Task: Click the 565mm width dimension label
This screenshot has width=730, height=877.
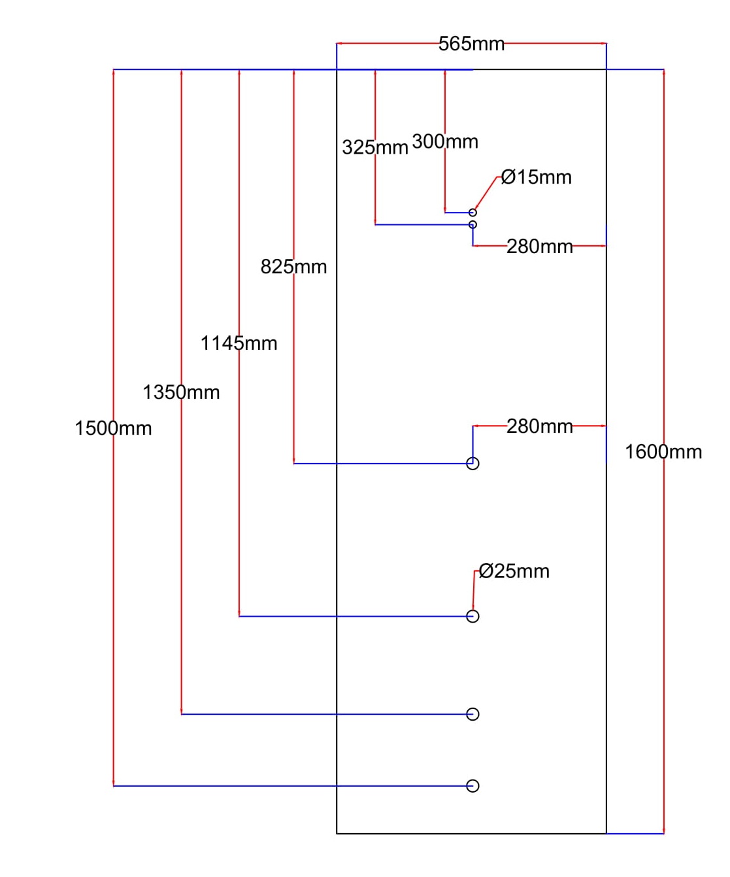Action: click(x=471, y=44)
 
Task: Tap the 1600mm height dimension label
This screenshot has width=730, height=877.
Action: click(x=663, y=452)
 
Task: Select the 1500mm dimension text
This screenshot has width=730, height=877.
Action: click(x=113, y=428)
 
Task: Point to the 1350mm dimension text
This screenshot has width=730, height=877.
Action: click(x=181, y=392)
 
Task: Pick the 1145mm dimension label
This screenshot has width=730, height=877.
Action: click(x=239, y=343)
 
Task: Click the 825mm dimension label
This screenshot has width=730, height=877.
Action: click(x=293, y=267)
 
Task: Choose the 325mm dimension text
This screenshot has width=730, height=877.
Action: click(x=374, y=147)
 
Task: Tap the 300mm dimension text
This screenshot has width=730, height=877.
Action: click(x=445, y=142)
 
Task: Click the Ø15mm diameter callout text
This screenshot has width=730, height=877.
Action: click(x=536, y=177)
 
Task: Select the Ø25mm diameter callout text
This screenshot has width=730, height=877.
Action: click(x=514, y=572)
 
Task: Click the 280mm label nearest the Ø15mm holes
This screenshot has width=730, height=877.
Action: click(x=539, y=247)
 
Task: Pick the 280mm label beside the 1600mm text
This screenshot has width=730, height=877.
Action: click(x=539, y=426)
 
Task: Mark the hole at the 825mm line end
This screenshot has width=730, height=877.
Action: click(x=473, y=464)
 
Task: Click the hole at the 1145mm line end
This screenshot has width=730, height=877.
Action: click(x=473, y=616)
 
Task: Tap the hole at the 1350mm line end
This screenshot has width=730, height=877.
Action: click(x=473, y=714)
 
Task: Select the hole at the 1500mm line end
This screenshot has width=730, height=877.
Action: click(x=473, y=785)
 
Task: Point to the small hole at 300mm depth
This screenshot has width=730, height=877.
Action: click(x=473, y=213)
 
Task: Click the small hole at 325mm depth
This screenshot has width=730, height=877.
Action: click(x=473, y=224)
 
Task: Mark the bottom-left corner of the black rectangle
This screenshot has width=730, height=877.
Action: click(x=337, y=833)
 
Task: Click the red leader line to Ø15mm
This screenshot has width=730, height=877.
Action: click(x=486, y=193)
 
